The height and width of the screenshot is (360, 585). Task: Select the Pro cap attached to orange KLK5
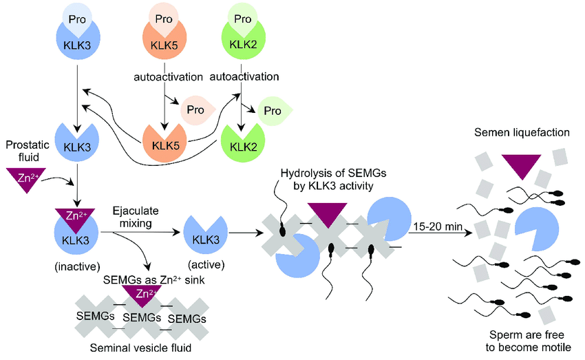tap(163, 19)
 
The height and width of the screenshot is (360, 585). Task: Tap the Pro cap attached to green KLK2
tap(242, 19)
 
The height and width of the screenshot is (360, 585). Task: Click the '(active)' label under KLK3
tap(204, 264)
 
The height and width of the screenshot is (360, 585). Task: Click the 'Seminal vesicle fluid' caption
tap(140, 348)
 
